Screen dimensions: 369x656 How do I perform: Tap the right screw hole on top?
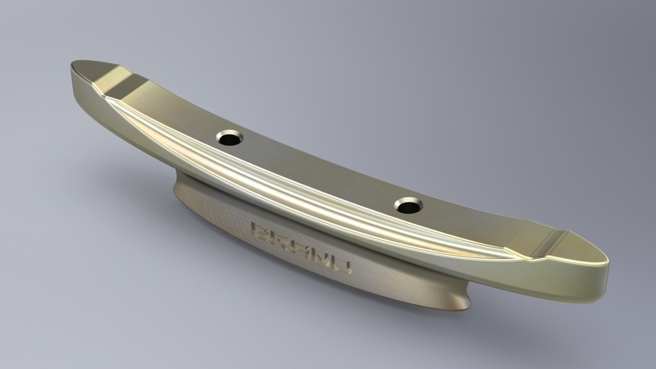point(408,205)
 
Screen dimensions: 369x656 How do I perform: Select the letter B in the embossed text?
point(261,233)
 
